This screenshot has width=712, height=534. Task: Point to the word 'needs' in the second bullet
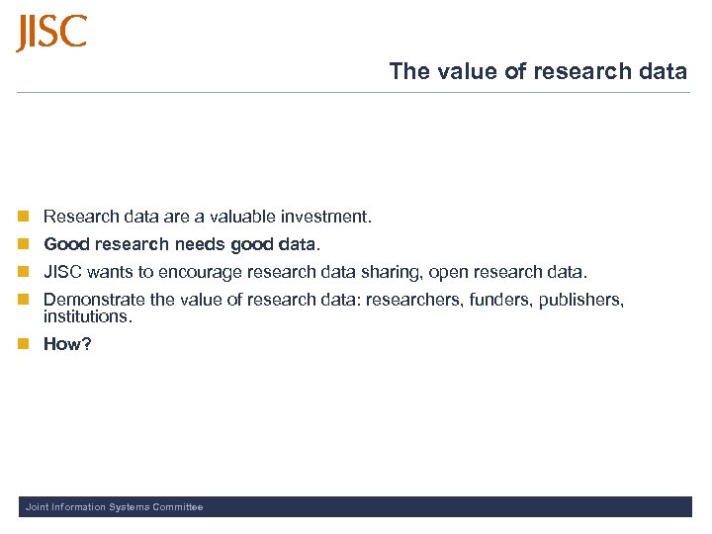200,243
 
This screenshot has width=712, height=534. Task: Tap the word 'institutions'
86,316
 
